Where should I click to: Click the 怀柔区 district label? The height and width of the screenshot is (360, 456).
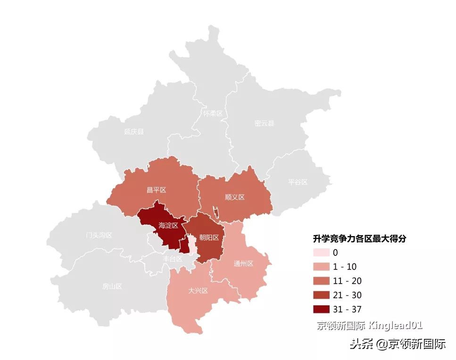[x=213, y=114]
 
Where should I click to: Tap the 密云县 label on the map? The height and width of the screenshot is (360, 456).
[x=264, y=123]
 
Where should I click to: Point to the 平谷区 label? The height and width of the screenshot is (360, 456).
[x=298, y=181]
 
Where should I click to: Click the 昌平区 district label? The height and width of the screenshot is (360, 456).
[x=156, y=190]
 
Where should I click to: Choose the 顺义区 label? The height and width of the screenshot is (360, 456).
[x=234, y=197]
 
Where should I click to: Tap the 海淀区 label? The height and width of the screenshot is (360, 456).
[x=168, y=226]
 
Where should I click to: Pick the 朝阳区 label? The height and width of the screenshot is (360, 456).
[x=209, y=237]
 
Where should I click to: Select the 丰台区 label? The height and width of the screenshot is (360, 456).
[x=173, y=259]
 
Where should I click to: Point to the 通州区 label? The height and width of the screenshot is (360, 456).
[x=243, y=263]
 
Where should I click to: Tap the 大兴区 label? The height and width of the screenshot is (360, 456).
[x=198, y=290]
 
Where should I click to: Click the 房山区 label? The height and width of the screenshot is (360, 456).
[x=112, y=286]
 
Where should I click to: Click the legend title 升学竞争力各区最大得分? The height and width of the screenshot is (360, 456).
[x=360, y=239]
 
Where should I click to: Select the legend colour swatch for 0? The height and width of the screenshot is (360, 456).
[x=321, y=253]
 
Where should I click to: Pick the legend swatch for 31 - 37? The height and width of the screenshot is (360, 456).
[x=321, y=309]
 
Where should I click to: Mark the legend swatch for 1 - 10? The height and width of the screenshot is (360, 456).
[x=321, y=267]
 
